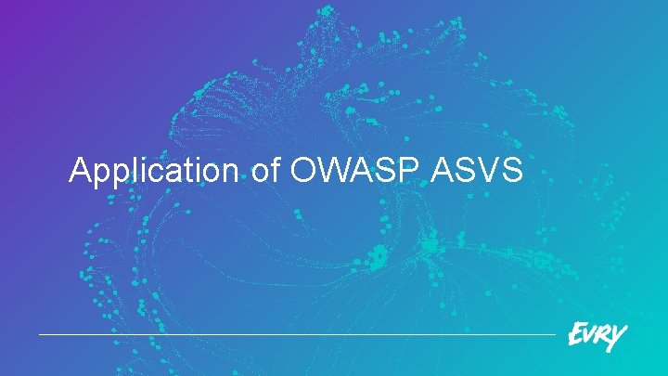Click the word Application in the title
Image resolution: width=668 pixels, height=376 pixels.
(x=153, y=172)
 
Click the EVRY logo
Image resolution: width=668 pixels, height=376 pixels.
(x=597, y=335)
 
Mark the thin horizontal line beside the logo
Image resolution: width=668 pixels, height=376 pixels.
(x=297, y=334)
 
